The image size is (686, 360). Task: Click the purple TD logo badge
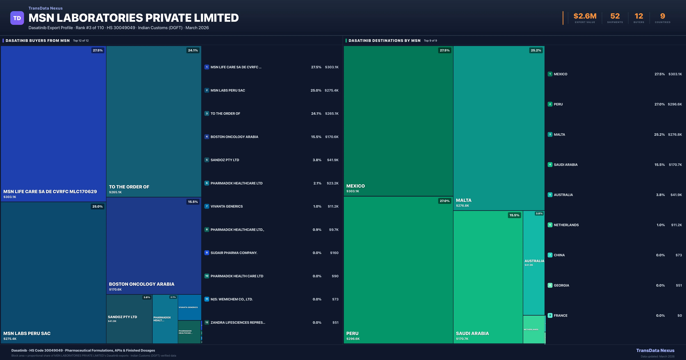point(17,18)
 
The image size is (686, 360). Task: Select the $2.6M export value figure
point(585,16)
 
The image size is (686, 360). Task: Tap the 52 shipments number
point(615,16)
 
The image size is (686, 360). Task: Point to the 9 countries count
point(663,16)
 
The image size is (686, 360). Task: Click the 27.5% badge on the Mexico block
point(444,50)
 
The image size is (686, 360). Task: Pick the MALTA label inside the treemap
point(464,200)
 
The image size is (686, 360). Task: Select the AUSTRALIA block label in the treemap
point(534,261)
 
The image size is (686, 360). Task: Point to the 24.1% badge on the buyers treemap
point(193,50)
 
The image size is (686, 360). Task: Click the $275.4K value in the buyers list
point(332,90)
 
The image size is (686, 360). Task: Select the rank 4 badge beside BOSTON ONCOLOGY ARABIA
point(207,137)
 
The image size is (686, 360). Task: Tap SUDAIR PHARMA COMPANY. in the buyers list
point(234,253)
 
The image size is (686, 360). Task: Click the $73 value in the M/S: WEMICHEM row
point(335,299)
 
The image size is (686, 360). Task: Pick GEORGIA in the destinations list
point(561,285)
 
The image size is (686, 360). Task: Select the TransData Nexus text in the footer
point(655,350)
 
